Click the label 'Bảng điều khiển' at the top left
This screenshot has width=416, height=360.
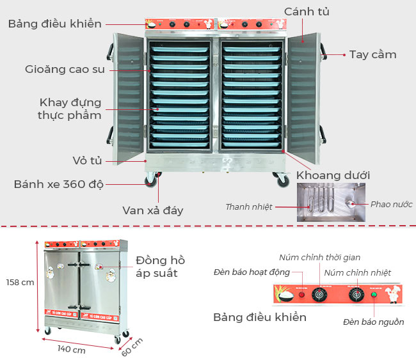[x=55, y=24]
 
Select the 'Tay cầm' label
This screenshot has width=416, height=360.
[x=372, y=54]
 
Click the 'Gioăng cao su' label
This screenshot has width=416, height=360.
[x=65, y=68]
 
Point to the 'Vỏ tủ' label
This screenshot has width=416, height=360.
[x=84, y=159]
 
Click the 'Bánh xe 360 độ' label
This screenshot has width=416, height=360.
[x=58, y=184]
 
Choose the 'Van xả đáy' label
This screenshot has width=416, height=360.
[x=153, y=210]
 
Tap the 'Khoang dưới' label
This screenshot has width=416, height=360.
[x=333, y=175]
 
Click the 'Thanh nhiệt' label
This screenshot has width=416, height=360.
[x=248, y=207]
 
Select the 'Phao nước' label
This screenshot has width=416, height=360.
[x=391, y=205]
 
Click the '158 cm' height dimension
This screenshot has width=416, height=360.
[x=20, y=282]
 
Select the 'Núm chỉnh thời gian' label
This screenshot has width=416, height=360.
[x=319, y=257]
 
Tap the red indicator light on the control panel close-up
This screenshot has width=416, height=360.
[x=301, y=295]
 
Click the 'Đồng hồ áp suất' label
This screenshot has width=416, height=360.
[x=160, y=267]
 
